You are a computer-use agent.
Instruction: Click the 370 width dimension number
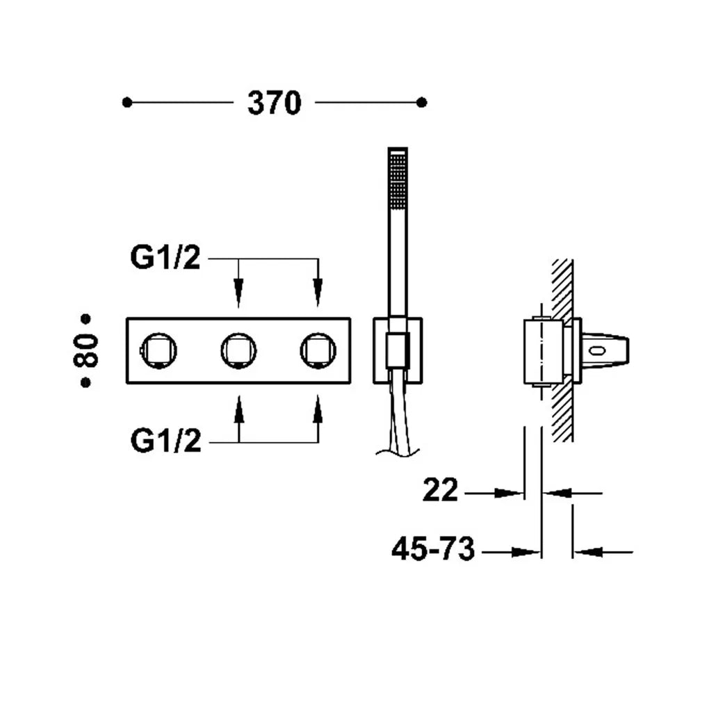(x=274, y=103)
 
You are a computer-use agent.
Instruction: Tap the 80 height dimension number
(x=85, y=350)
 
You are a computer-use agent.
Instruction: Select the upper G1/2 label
(x=165, y=257)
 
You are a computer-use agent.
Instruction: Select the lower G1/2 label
(x=165, y=441)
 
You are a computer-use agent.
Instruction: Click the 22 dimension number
(x=440, y=489)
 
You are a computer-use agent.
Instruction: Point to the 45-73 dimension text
(x=433, y=548)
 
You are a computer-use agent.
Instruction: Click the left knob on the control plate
(x=158, y=350)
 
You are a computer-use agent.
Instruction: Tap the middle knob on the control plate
(x=238, y=350)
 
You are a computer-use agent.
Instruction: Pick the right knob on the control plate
(x=318, y=350)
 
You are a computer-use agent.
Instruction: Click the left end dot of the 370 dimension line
(x=127, y=103)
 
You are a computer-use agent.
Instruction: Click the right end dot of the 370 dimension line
(x=422, y=103)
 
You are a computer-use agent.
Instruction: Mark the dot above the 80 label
(x=85, y=319)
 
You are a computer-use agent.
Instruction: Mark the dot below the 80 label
(x=85, y=382)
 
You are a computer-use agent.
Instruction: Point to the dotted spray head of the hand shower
(x=398, y=181)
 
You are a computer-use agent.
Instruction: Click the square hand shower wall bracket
(x=398, y=351)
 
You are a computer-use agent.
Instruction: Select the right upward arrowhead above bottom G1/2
(x=318, y=409)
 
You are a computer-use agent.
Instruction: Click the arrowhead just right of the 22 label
(x=509, y=494)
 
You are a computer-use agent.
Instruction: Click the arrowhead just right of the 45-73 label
(x=526, y=552)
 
